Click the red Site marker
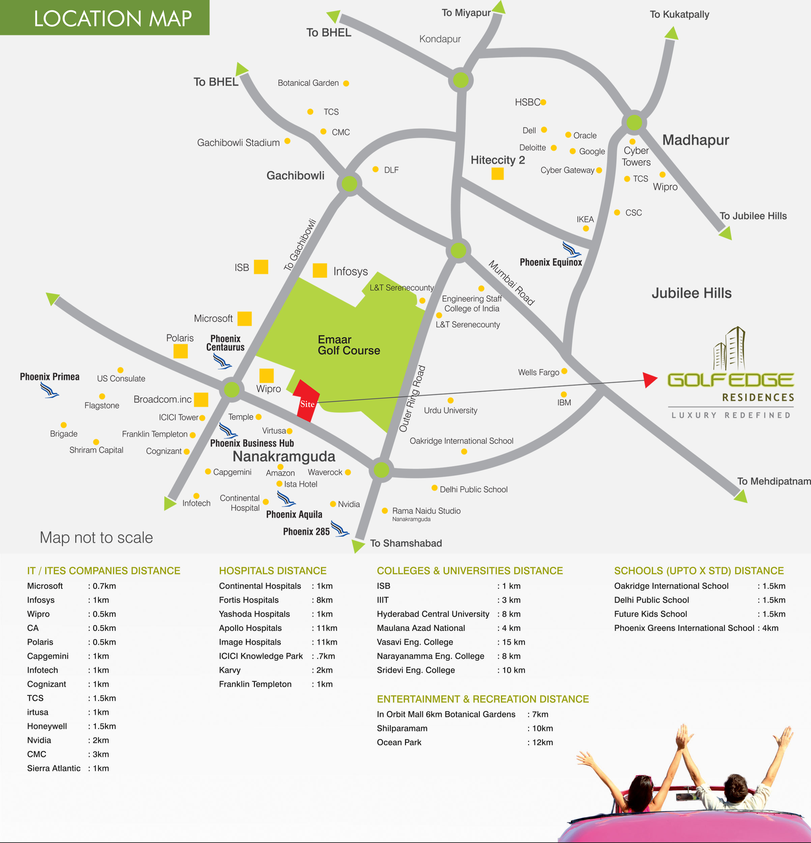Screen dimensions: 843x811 tap(307, 401)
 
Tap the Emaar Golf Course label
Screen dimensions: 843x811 tap(348, 345)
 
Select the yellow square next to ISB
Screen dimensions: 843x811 tap(261, 267)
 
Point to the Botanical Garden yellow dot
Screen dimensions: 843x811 tap(346, 83)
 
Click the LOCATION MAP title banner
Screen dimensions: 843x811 tap(105, 18)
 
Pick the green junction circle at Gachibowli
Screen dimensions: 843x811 tap(349, 184)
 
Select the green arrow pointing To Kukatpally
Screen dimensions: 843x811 tap(671, 33)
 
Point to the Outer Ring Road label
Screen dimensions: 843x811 tap(412, 398)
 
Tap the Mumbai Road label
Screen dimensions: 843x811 tap(511, 283)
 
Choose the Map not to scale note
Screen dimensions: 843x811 tap(96, 537)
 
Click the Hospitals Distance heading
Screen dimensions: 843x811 tap(272, 571)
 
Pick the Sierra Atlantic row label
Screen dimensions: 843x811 tap(54, 768)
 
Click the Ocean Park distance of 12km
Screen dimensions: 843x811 tap(542, 743)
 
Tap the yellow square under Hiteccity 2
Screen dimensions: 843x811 tap(497, 173)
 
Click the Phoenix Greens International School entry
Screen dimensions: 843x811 tap(684, 628)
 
